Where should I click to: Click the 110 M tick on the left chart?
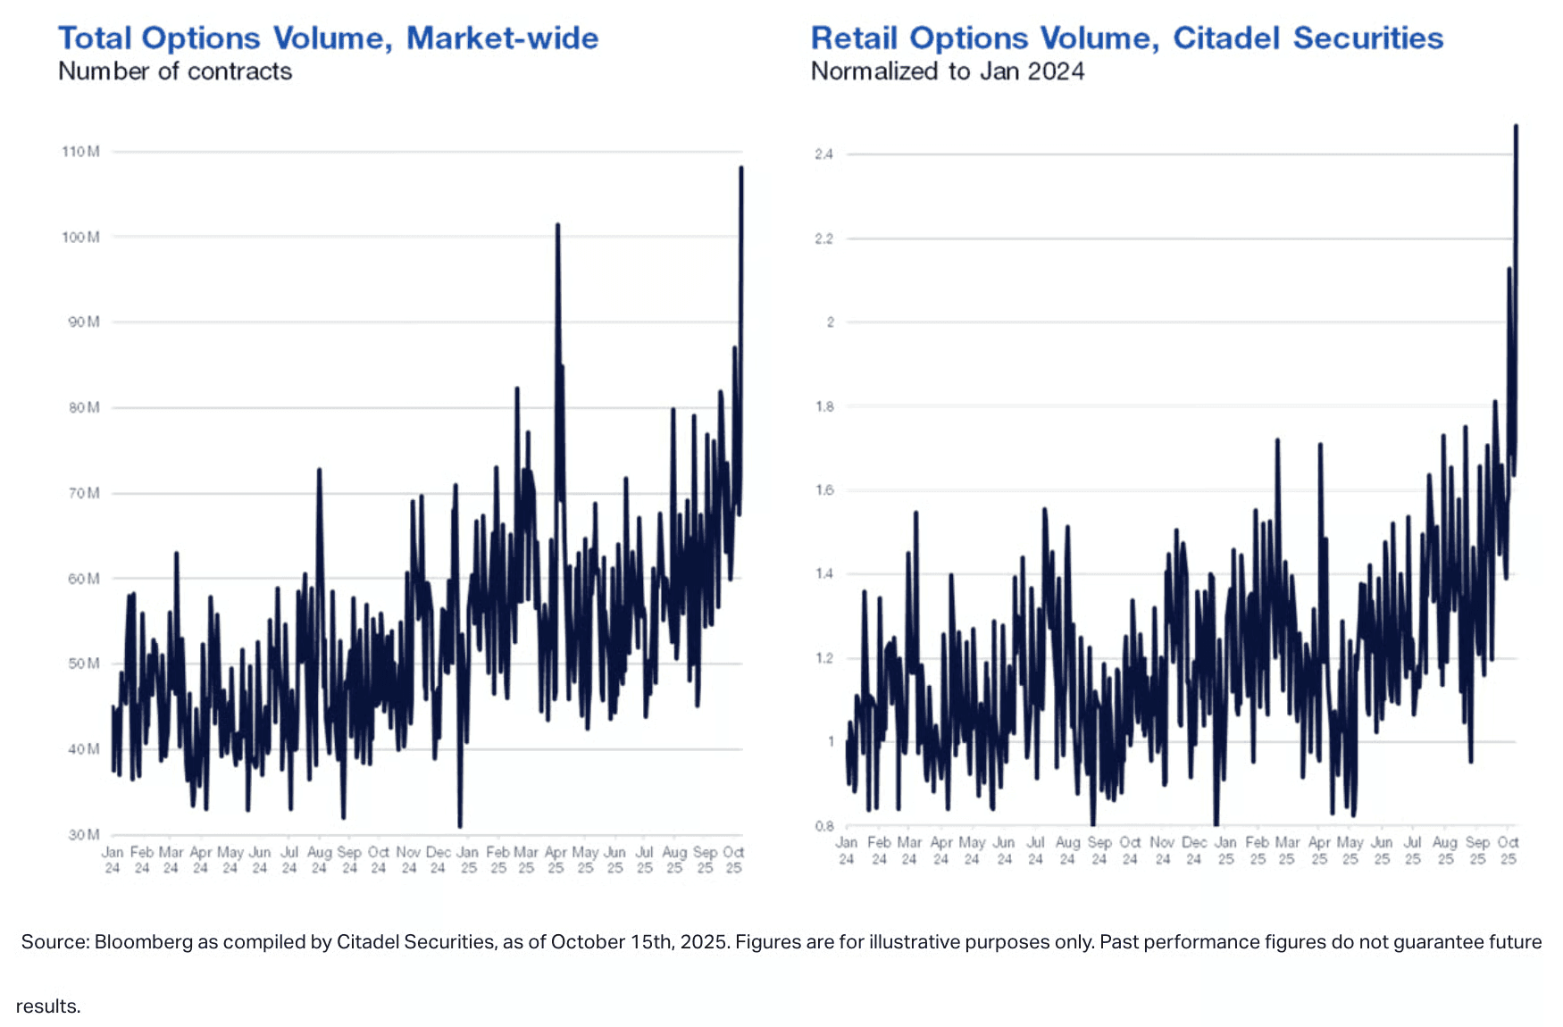coord(80,152)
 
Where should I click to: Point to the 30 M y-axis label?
coord(83,835)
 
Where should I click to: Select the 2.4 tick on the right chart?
coord(823,154)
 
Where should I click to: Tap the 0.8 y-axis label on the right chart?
coord(823,826)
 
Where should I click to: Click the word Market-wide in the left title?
coord(502,38)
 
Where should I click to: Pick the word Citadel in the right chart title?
coord(1227,38)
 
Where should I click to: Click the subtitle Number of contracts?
coord(175,71)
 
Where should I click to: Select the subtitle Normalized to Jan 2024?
coord(948,71)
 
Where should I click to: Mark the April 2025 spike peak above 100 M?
coord(557,225)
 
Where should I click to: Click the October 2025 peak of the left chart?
coord(741,168)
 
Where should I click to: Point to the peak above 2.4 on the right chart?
coord(1516,126)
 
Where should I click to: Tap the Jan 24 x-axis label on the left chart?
coord(113,860)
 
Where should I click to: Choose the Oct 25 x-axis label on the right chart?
coord(1509,850)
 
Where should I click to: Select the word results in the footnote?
coord(47,1006)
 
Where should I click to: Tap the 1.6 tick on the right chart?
coord(823,490)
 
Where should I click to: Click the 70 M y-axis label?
coord(83,493)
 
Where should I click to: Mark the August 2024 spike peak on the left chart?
coord(319,469)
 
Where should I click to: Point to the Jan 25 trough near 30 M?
coord(460,826)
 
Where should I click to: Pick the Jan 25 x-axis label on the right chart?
coord(1225,850)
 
